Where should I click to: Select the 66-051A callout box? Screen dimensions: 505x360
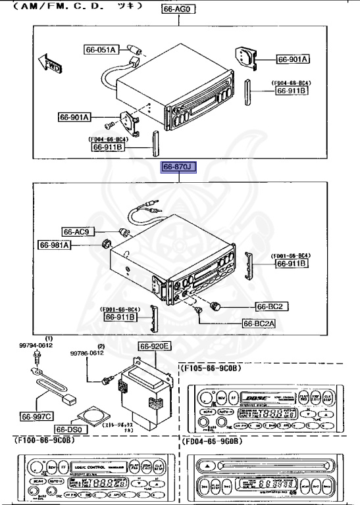pyautogui.click(x=101, y=49)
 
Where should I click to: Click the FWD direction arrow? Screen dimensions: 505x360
pyautogui.click(x=49, y=64)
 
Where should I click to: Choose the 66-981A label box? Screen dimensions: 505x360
pyautogui.click(x=56, y=245)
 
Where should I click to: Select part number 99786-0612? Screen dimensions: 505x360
pyautogui.click(x=88, y=352)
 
